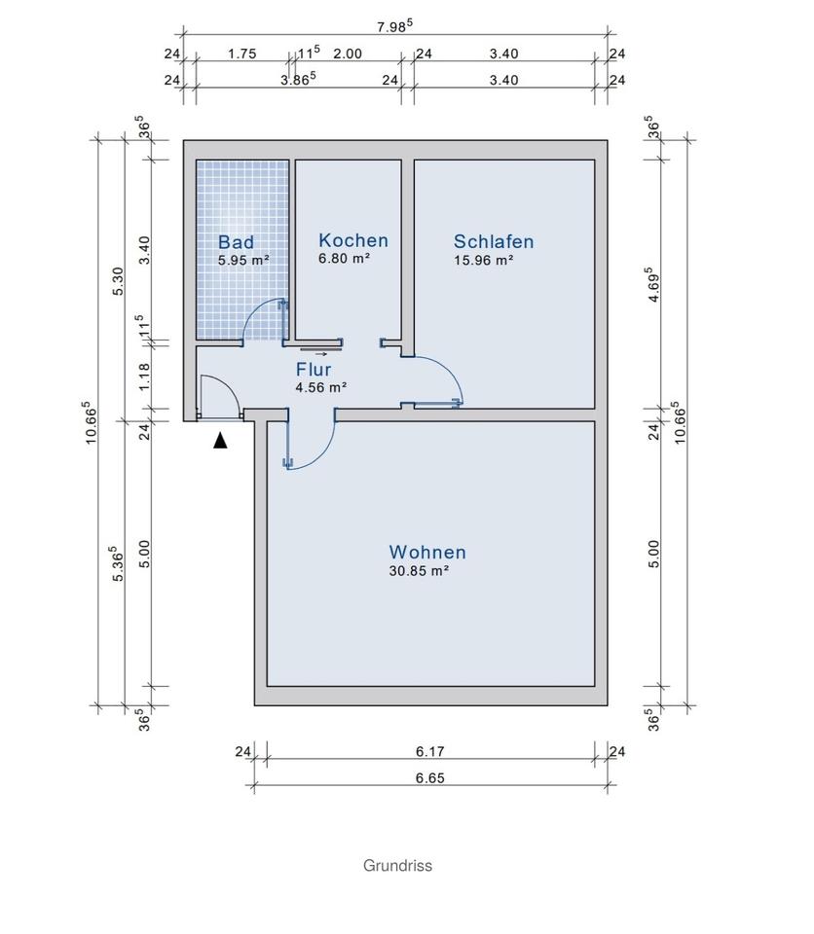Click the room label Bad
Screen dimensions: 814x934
pyautogui.click(x=236, y=242)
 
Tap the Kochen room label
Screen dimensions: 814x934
pyautogui.click(x=352, y=240)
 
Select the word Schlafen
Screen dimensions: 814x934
pyautogui.click(x=494, y=242)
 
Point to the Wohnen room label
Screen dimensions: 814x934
pyautogui.click(x=426, y=552)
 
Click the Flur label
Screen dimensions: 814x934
pyautogui.click(x=314, y=370)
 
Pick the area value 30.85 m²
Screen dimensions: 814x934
pyautogui.click(x=418, y=572)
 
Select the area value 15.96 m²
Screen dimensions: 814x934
pyautogui.click(x=483, y=261)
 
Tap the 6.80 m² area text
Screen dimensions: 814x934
pyautogui.click(x=344, y=259)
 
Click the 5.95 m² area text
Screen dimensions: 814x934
pyautogui.click(x=243, y=260)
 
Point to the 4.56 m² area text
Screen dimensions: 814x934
pyautogui.click(x=321, y=387)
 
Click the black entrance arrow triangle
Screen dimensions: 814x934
pyautogui.click(x=221, y=441)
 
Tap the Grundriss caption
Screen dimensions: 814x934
pyautogui.click(x=397, y=865)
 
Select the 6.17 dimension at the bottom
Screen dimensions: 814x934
pyautogui.click(x=429, y=751)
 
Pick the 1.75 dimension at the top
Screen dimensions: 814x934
pyautogui.click(x=241, y=54)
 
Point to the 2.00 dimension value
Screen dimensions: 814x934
pyautogui.click(x=347, y=54)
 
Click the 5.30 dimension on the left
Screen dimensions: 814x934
pyautogui.click(x=118, y=280)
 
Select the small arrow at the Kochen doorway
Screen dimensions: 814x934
pyautogui.click(x=315, y=353)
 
